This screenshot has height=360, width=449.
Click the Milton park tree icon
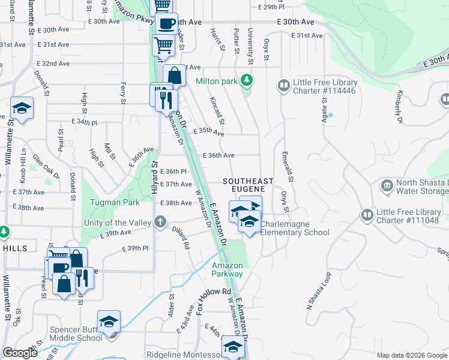(245, 80)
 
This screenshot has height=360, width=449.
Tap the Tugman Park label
(115, 202)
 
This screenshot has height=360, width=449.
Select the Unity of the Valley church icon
(160, 223)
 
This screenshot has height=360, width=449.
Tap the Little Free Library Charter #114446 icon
(283, 86)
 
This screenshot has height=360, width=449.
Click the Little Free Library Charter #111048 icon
(366, 214)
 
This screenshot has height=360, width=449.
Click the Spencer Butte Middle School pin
(109, 322)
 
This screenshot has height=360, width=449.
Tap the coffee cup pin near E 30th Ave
(166, 24)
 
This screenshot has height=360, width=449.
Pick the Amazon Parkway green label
(228, 269)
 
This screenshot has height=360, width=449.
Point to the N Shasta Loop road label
(319, 290)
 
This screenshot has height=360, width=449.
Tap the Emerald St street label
(288, 166)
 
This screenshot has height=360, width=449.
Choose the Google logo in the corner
(20, 353)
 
